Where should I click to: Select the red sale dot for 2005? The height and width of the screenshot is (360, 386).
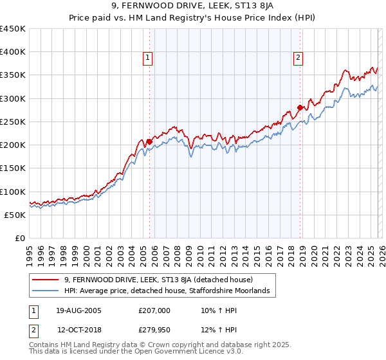(149, 141)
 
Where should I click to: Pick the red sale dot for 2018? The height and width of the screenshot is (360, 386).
(300, 107)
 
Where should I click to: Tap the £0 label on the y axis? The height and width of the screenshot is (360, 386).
(21, 238)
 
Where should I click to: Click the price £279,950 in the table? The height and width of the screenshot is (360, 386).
(154, 330)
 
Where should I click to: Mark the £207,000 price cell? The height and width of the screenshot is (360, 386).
(154, 310)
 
